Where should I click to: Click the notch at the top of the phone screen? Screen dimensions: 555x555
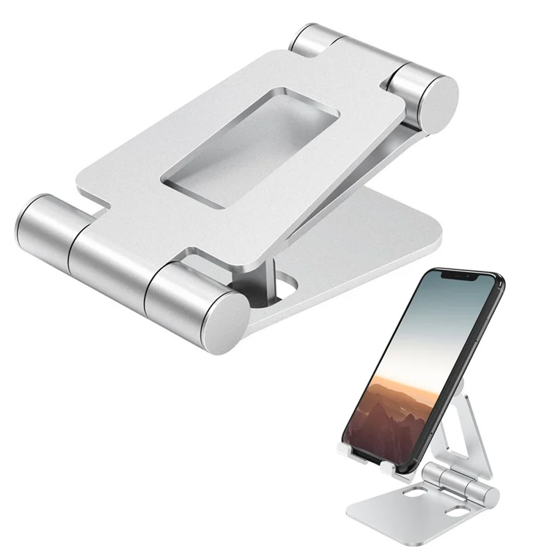(461, 275)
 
